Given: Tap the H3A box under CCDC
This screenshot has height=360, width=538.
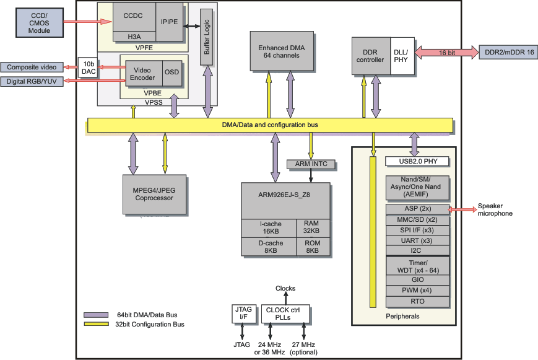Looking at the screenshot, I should [134, 37].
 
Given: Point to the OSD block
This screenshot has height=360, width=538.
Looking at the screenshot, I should [171, 72].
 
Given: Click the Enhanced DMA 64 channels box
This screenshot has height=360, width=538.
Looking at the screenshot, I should [282, 51].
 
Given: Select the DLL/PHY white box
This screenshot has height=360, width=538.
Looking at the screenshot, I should [401, 56].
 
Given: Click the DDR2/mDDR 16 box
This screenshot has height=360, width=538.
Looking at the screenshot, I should [505, 53].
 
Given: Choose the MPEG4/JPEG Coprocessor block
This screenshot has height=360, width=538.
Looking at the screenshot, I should [155, 194].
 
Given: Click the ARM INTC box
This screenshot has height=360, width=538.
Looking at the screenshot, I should [311, 164].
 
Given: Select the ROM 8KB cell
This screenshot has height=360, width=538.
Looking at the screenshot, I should [313, 247].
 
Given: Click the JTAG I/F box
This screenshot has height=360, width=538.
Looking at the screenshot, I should [242, 313].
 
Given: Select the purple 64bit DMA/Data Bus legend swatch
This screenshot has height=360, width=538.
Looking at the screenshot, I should [95, 314].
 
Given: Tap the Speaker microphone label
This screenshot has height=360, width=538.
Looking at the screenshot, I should [495, 210].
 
